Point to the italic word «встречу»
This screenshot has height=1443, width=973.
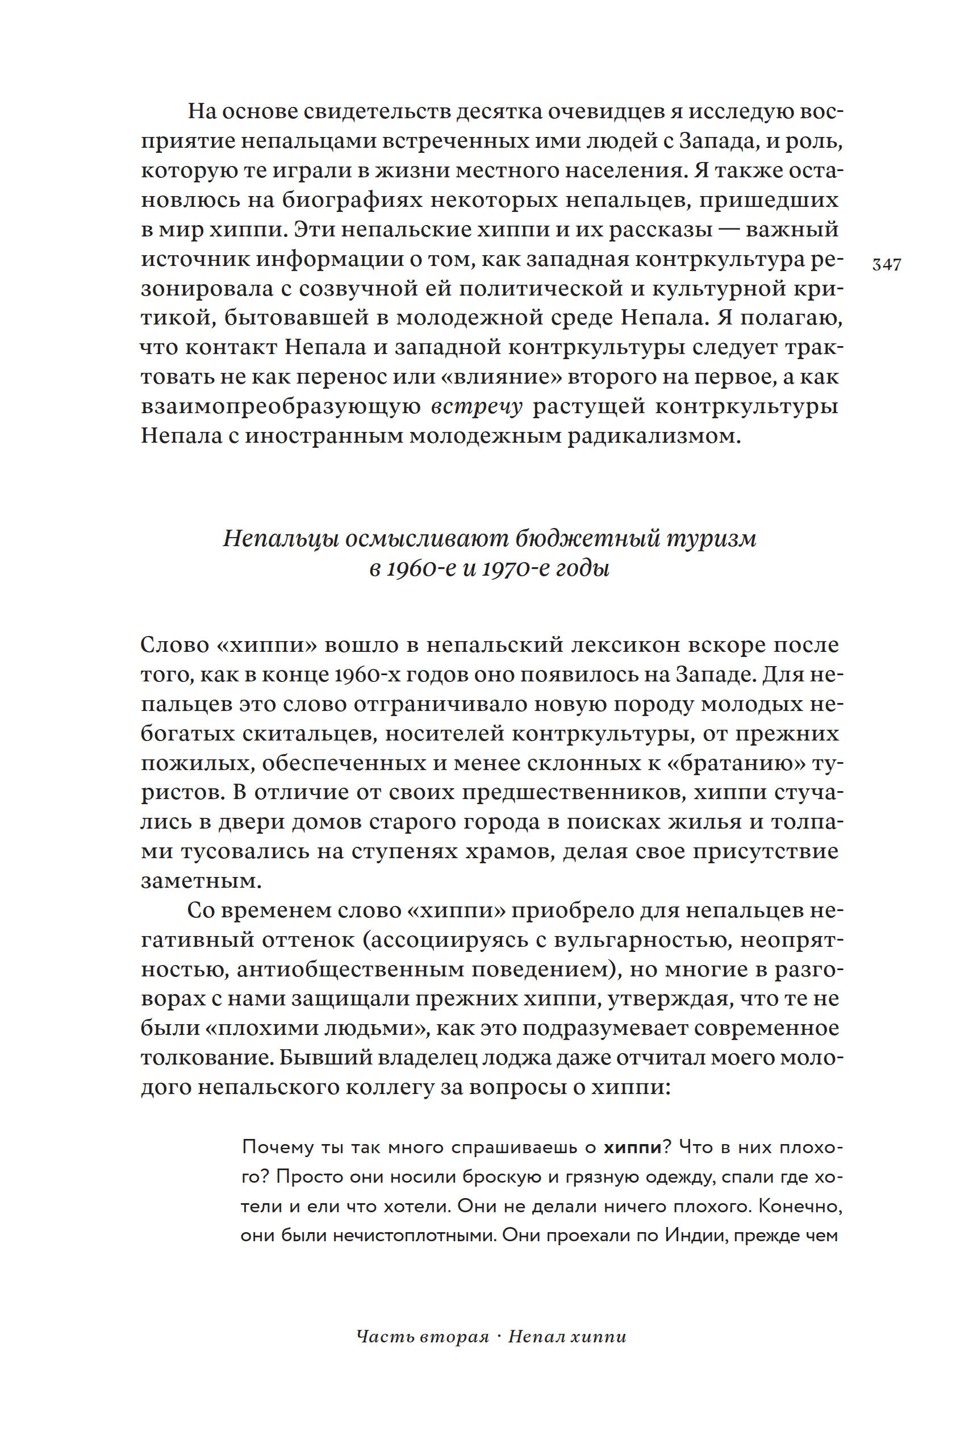pyautogui.click(x=477, y=406)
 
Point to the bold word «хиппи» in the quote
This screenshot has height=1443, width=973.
pyautogui.click(x=633, y=1147)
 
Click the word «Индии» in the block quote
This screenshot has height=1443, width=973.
pyautogui.click(x=695, y=1235)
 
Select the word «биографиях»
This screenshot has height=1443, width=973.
pyautogui.click(x=354, y=201)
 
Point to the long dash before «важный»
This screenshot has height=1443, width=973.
pyautogui.click(x=729, y=230)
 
